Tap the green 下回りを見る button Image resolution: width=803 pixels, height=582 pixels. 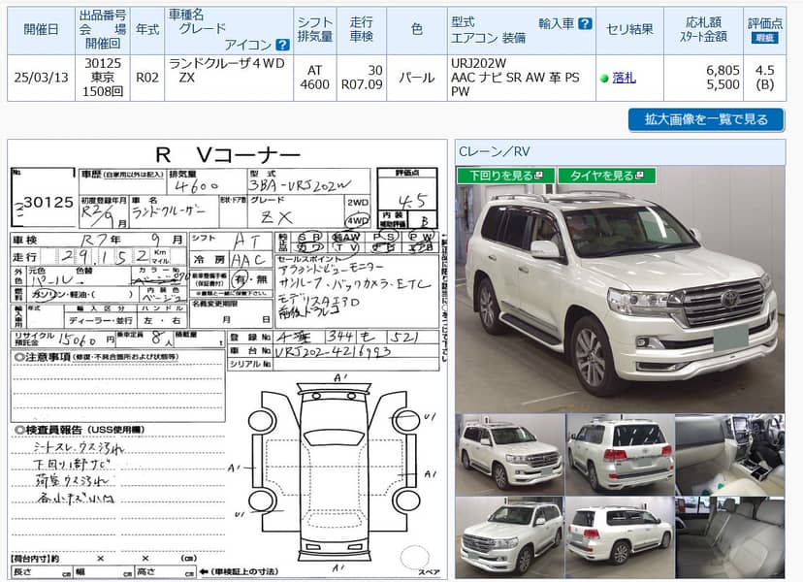[505, 176]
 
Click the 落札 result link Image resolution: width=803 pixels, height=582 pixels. [624, 78]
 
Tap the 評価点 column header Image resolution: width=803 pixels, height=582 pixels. [765, 22]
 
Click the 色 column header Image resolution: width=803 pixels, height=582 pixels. [416, 29]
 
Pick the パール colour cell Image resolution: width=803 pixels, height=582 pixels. [416, 78]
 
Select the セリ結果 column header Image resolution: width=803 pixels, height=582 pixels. [630, 29]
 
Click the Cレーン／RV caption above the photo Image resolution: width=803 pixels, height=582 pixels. [495, 150]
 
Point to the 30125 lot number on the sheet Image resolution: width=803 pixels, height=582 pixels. [48, 202]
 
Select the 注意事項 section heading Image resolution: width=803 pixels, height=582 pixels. [48, 359]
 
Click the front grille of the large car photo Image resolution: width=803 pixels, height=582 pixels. [723, 308]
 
